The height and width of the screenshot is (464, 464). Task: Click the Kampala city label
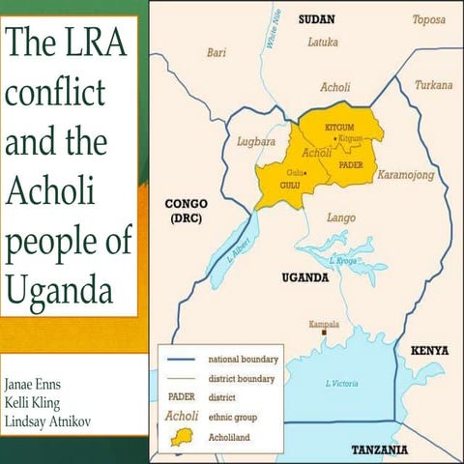click(x=323, y=324)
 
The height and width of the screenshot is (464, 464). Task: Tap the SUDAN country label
click(x=316, y=19)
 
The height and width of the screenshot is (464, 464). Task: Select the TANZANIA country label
click(x=378, y=449)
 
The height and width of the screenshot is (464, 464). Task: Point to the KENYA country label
click(x=429, y=349)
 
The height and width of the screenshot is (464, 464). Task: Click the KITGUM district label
click(x=341, y=128)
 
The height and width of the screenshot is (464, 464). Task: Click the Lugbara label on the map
click(x=256, y=142)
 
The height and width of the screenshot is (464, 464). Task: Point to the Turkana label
click(x=433, y=85)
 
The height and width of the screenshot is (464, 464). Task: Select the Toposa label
click(x=429, y=19)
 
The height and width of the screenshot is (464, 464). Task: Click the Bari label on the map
click(x=217, y=53)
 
